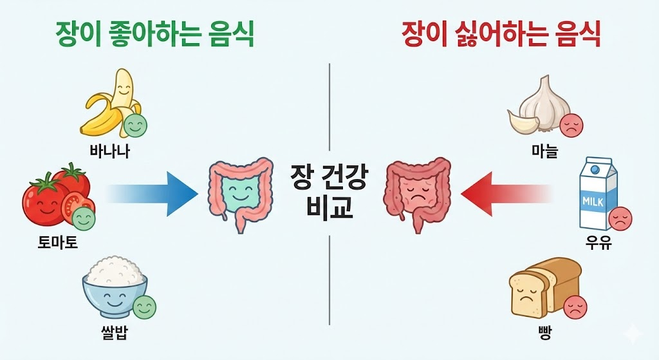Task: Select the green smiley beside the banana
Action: coord(135,126)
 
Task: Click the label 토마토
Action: coord(57,243)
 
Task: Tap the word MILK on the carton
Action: coord(593,200)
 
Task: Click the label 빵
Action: coord(544,334)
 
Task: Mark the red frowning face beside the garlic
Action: coord(571,126)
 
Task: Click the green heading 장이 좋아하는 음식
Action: coord(154,33)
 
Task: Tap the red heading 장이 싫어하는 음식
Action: coord(501,33)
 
